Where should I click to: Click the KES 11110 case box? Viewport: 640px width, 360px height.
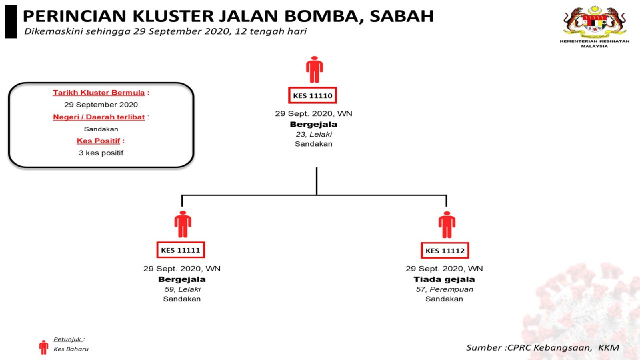tap(313, 95)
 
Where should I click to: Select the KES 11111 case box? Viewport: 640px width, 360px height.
tap(180, 250)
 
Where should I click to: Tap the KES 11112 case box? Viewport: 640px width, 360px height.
tap(445, 250)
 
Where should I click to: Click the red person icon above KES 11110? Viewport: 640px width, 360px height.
tap(314, 69)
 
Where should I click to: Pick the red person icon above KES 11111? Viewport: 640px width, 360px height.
tap(182, 224)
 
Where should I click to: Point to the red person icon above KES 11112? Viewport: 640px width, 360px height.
tap(446, 224)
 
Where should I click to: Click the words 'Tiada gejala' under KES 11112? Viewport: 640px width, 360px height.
tap(444, 279)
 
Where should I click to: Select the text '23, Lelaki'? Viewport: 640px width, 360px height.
tap(313, 134)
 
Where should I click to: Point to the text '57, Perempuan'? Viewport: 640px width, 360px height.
tap(444, 289)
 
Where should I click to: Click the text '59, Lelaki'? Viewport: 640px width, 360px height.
tap(182, 289)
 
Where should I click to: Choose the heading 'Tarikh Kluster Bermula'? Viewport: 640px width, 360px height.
tap(99, 92)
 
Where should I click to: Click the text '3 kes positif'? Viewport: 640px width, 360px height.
tap(101, 153)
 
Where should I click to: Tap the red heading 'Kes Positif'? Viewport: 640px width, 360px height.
tap(98, 141)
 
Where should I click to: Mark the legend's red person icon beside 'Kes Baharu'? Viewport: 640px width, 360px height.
tap(43, 347)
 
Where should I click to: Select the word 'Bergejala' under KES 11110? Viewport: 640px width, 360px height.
tap(313, 124)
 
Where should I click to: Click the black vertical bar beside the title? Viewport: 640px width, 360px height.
tap(11, 22)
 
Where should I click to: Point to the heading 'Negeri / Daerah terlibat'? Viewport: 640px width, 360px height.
tap(99, 117)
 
